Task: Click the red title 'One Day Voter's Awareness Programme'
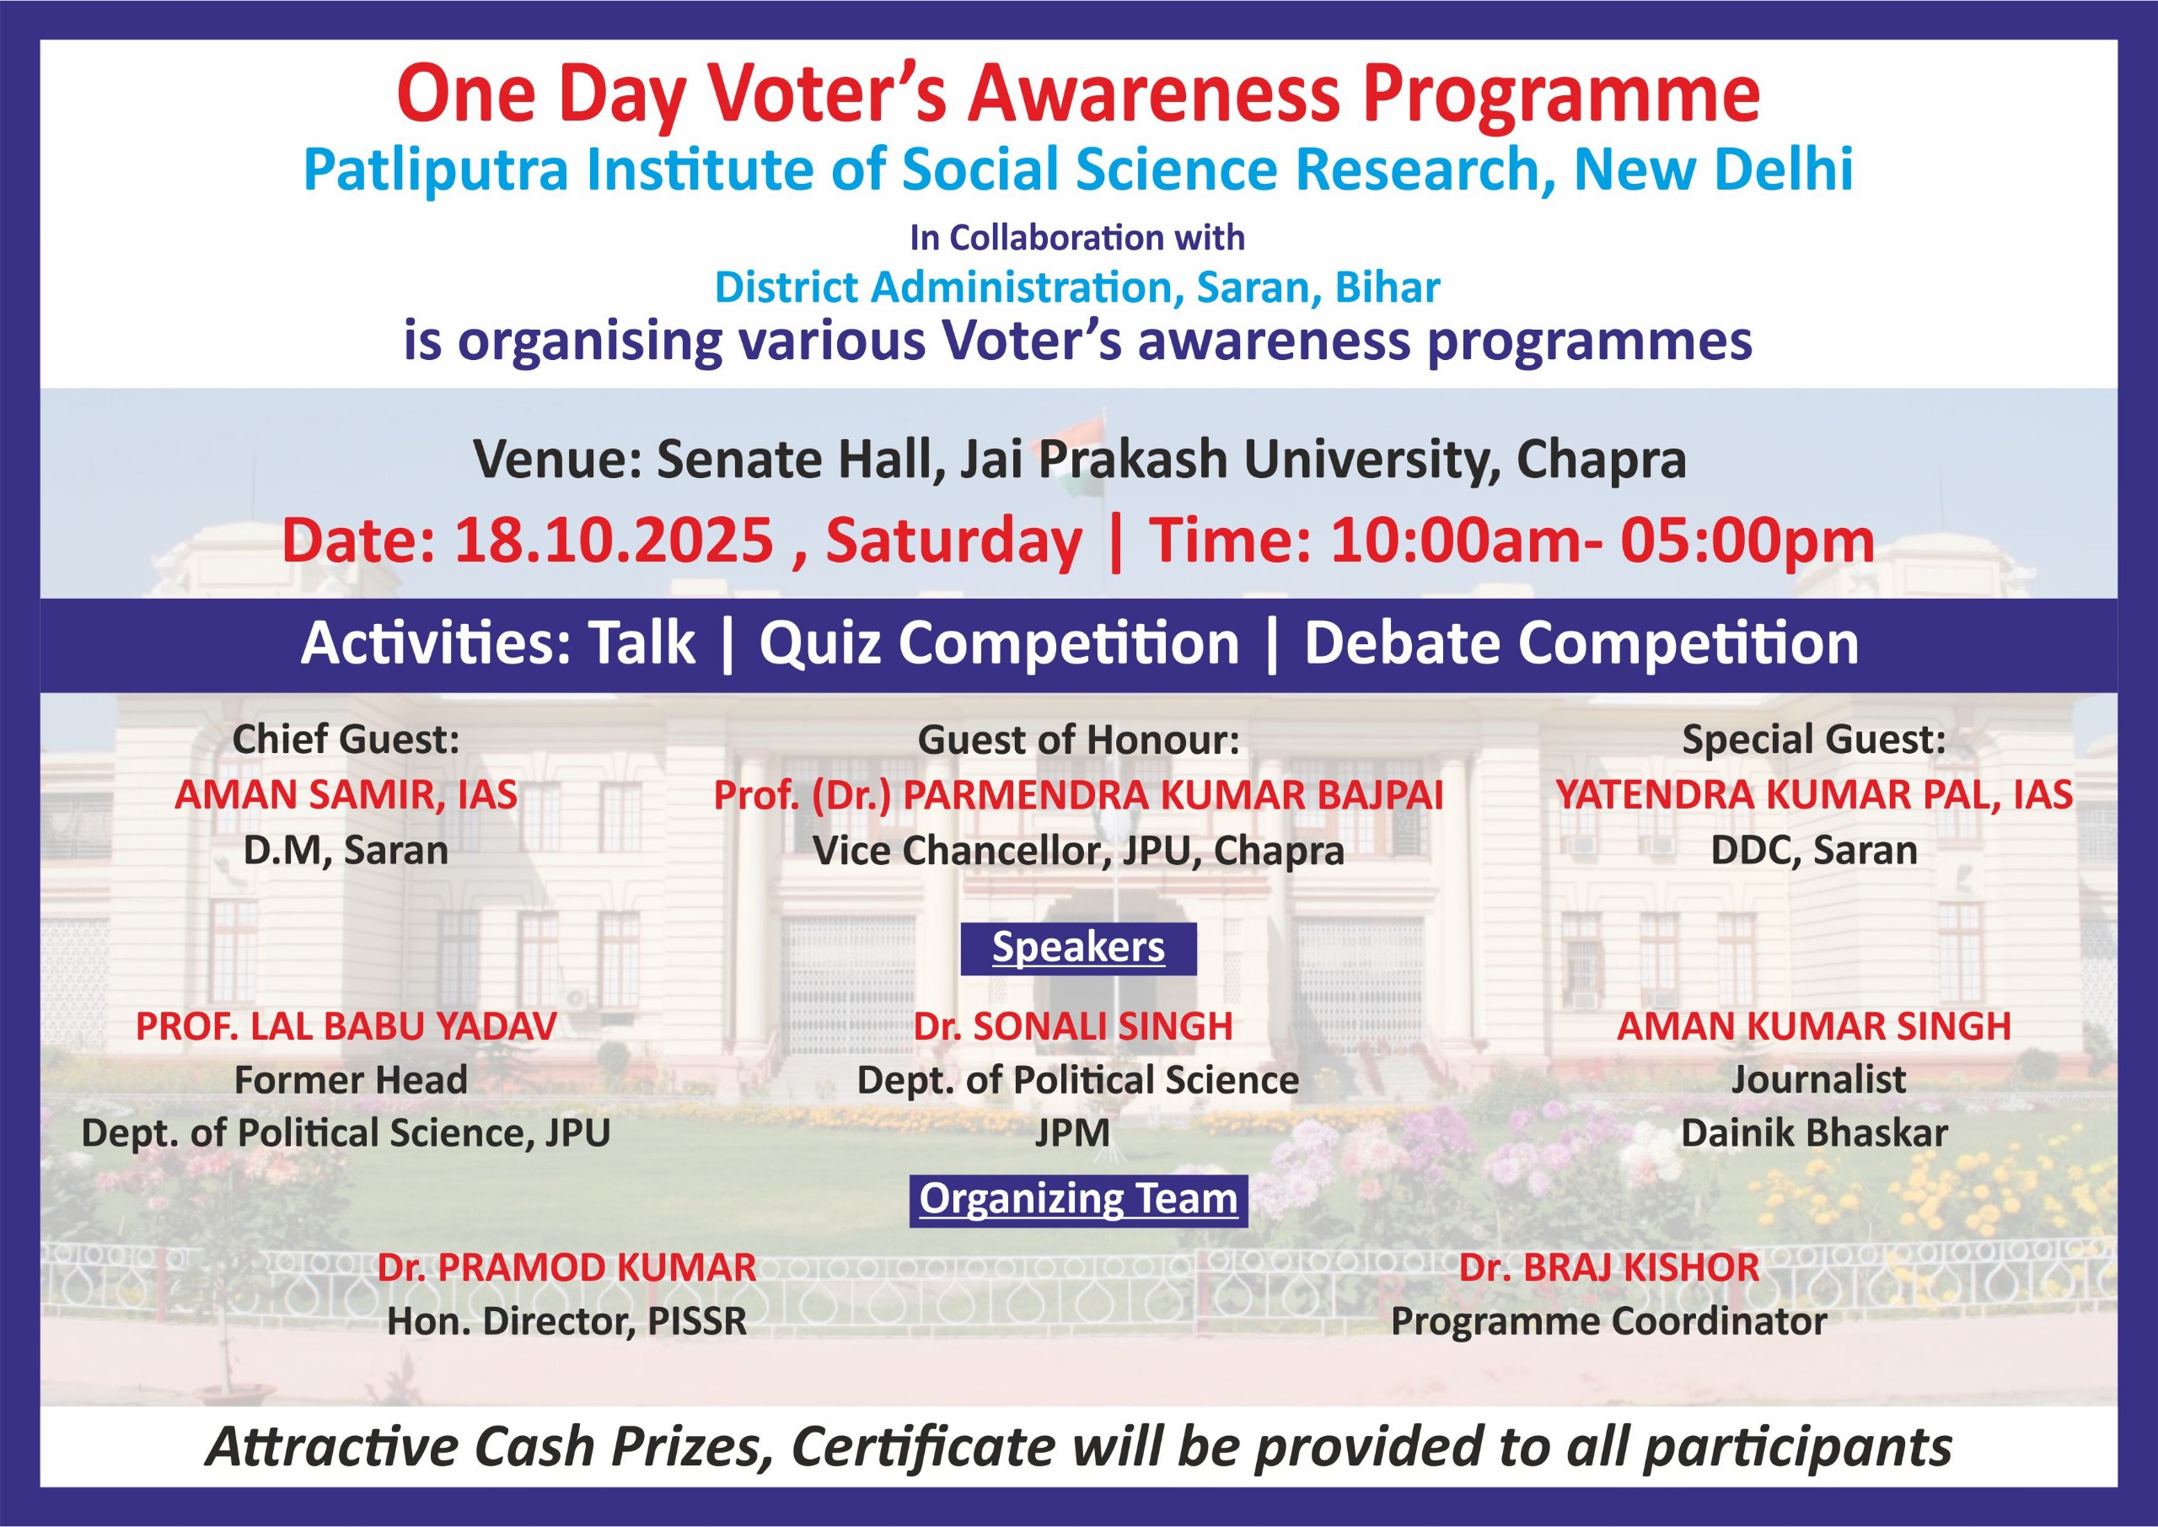pyautogui.click(x=1078, y=96)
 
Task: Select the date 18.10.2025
pyautogui.click(x=614, y=541)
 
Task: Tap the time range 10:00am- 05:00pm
pyautogui.click(x=1602, y=541)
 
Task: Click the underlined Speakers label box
pyautogui.click(x=1078, y=948)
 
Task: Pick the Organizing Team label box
pyautogui.click(x=1078, y=1200)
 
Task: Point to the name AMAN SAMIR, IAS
pyautogui.click(x=346, y=795)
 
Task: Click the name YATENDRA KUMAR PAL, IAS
pyautogui.click(x=1814, y=795)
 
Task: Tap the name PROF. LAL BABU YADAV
pyautogui.click(x=346, y=1026)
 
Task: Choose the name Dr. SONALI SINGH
pyautogui.click(x=1073, y=1026)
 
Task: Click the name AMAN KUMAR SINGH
pyautogui.click(x=1814, y=1026)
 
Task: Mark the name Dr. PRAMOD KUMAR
pyautogui.click(x=566, y=1267)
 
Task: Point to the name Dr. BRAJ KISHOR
pyautogui.click(x=1609, y=1267)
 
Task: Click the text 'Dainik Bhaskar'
pyautogui.click(x=1814, y=1133)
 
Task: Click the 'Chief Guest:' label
pyautogui.click(x=346, y=740)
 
